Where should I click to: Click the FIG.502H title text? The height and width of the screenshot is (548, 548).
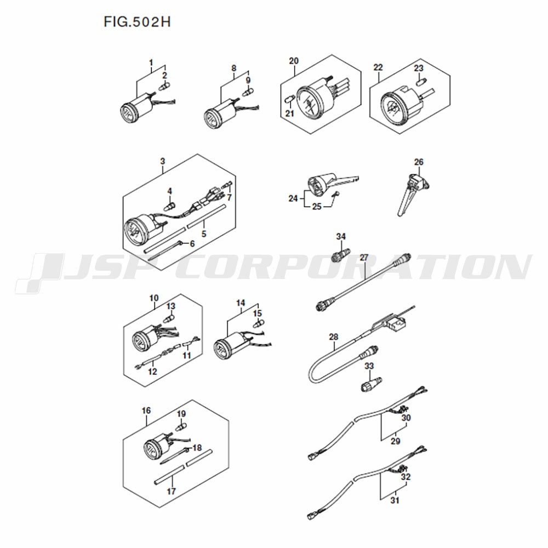[x=137, y=22]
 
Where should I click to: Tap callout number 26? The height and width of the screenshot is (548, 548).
[x=418, y=162]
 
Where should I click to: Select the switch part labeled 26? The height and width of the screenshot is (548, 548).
[x=413, y=193]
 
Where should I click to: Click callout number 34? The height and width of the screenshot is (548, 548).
[x=341, y=237]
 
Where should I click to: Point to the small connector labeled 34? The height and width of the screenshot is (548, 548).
[x=340, y=254]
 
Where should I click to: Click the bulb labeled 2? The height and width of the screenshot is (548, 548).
[x=163, y=86]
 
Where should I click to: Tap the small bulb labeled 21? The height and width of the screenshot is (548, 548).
[x=289, y=100]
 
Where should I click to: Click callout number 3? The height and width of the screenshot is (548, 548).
[x=163, y=162]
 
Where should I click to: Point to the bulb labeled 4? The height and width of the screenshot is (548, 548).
[x=170, y=205]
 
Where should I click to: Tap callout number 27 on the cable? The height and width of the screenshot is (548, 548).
[x=364, y=258]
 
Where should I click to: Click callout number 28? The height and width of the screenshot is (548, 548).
[x=334, y=337]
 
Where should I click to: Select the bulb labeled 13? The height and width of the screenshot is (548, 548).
[x=169, y=319]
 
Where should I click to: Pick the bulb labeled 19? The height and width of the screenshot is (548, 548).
[x=181, y=427]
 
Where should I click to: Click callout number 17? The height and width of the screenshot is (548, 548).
[x=171, y=492]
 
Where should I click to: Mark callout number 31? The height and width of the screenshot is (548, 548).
[x=395, y=500]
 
